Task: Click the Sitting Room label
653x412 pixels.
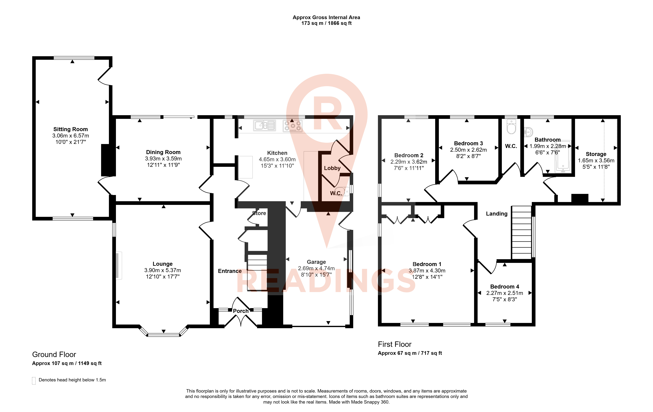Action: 70,129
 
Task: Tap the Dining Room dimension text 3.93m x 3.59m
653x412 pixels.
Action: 163,159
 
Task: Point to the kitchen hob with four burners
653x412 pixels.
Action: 293,126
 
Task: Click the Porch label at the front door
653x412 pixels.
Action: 241,311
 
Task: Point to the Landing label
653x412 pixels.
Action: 497,214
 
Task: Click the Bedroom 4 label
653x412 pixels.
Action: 505,287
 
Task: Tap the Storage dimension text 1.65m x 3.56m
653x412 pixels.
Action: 596,160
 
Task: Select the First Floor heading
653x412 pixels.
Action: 395,344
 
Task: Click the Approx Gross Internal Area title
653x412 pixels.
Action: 326,17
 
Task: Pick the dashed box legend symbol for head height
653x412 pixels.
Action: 34,381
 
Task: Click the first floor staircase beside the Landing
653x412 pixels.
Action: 521,232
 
